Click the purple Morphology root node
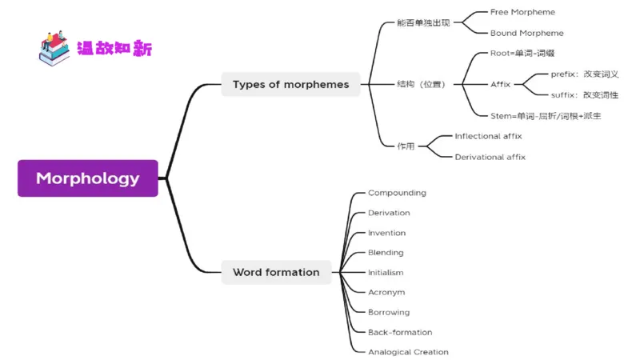tap(88, 178)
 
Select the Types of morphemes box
tap(290, 84)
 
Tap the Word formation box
tap(276, 272)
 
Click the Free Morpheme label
tap(522, 13)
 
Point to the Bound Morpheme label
tap(526, 34)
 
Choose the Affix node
tap(501, 84)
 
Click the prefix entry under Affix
tap(585, 74)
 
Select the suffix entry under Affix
tap(585, 95)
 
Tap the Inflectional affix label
tap(488, 137)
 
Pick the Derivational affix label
tap(490, 158)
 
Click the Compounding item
tap(397, 193)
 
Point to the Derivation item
tap(389, 213)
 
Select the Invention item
tap(386, 233)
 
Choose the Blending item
tap(386, 253)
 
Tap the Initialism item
tap(386, 273)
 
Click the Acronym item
tap(386, 293)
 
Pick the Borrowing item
tap(389, 312)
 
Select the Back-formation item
tap(400, 332)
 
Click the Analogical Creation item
tap(408, 352)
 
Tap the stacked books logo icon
tap(54, 48)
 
